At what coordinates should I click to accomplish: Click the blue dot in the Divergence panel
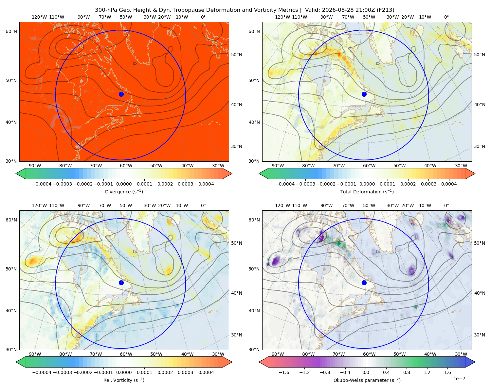point(121,94)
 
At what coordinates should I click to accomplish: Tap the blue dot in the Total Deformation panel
point(364,94)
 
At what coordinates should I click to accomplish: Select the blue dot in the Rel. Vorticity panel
point(121,283)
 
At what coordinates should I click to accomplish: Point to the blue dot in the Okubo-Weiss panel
point(364,283)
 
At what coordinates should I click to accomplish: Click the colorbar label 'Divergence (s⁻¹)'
point(124,191)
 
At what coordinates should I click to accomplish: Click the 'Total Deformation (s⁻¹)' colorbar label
point(367,191)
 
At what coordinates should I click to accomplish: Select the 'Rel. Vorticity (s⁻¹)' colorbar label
point(124,380)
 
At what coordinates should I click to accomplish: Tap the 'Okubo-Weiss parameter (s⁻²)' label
point(367,380)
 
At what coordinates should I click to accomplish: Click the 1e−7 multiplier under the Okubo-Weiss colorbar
point(459,379)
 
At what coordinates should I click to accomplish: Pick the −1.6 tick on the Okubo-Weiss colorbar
point(284,372)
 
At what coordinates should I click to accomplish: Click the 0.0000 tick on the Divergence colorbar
point(124,184)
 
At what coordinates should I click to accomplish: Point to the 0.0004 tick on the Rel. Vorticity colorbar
point(206,372)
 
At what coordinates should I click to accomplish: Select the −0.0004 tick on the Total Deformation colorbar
point(285,184)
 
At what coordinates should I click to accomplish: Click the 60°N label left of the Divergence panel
point(11,31)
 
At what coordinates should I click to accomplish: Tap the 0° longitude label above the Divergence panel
point(203,17)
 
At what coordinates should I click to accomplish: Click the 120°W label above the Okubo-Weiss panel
point(282,205)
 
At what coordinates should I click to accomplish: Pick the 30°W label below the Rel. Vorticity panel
point(218,354)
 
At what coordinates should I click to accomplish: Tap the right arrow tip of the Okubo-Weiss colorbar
point(475,362)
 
